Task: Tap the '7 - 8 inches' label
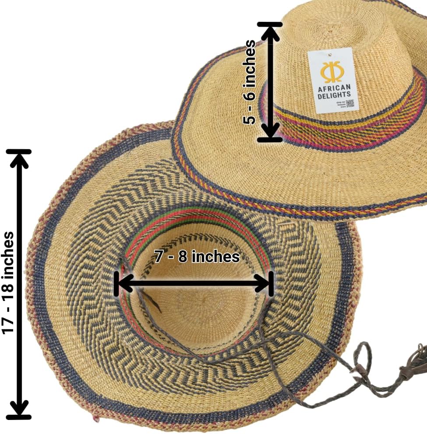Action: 197,256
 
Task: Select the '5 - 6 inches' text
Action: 250,82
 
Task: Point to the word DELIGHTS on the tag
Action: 334,94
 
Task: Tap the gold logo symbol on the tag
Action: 332,71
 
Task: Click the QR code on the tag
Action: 350,104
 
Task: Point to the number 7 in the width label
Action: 158,257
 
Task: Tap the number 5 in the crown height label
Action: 250,118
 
